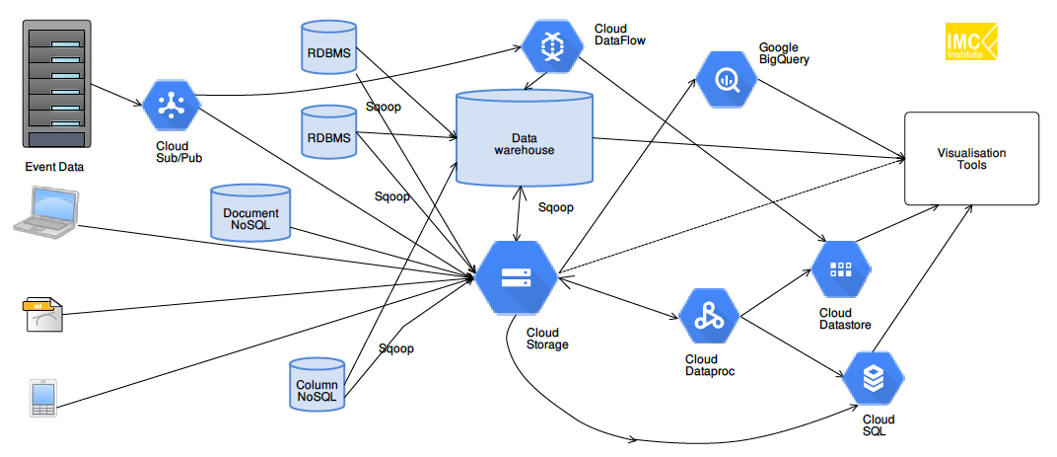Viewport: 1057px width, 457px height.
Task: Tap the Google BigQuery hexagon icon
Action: coord(726,78)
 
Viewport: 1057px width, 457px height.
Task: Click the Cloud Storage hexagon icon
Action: coord(517,277)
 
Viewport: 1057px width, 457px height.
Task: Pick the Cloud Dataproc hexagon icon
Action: coord(708,317)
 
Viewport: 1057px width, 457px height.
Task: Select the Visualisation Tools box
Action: coord(971,159)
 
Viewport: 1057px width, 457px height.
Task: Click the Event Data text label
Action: coord(55,167)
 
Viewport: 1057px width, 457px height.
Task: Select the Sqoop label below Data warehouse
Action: coord(556,208)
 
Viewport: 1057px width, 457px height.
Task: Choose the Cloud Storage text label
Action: coord(547,338)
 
